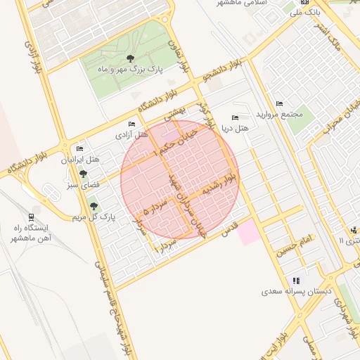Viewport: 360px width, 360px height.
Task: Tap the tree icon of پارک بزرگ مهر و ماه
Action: (x=129, y=58)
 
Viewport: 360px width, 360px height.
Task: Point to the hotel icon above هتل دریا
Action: (x=235, y=117)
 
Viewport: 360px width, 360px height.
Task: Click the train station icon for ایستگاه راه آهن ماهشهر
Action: (x=32, y=217)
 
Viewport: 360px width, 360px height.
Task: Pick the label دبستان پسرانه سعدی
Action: (x=296, y=290)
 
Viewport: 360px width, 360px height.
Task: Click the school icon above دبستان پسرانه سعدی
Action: (x=296, y=280)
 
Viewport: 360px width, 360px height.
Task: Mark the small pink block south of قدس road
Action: (x=247, y=232)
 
